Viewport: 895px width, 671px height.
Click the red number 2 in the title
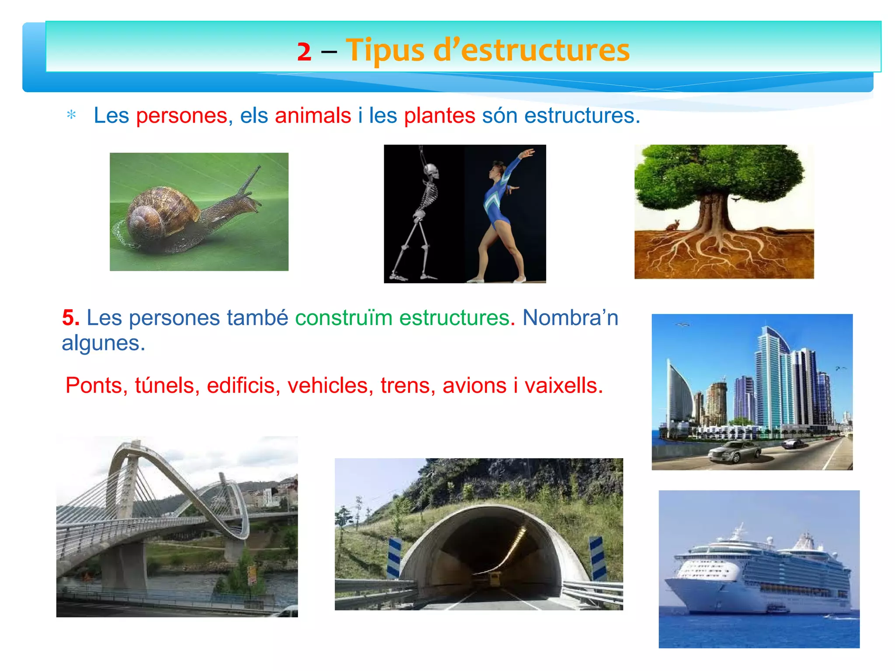304,52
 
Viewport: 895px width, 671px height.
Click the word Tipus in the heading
385,50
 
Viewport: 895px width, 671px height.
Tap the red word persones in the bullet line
181,116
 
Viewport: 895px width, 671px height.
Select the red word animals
313,116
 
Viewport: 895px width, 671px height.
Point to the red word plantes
439,116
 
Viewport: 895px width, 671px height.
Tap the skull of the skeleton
432,170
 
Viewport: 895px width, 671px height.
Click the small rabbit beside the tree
672,225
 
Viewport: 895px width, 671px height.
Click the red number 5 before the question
70,318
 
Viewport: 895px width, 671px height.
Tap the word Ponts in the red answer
93,386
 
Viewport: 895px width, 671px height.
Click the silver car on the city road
734,452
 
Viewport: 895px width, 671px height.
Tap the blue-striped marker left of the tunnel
394,557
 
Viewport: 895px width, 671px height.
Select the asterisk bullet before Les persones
71,115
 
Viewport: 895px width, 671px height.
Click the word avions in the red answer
474,386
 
